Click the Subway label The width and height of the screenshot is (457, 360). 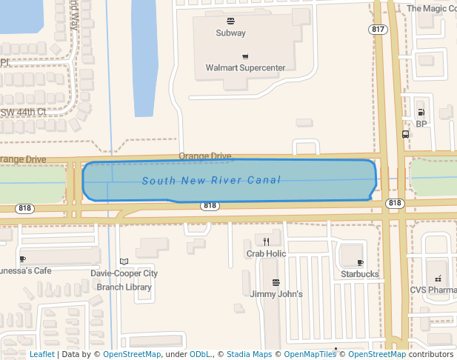230,33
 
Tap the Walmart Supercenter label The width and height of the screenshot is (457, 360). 245,68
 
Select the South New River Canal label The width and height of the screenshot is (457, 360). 211,181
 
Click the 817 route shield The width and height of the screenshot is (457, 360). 378,30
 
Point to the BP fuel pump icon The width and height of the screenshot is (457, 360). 421,113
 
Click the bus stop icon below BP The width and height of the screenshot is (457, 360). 405,134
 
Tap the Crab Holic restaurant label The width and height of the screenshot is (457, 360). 266,253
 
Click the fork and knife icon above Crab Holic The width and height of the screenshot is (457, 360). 266,241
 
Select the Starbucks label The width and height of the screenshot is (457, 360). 360,274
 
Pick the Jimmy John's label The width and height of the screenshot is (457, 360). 276,294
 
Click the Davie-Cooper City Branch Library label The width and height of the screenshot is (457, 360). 124,280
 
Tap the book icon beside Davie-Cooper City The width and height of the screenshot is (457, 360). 124,261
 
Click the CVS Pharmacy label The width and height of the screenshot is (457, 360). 433,290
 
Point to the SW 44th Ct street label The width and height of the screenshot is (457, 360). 24,112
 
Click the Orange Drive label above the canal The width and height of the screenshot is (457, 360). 204,156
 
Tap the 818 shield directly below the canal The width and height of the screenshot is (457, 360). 210,205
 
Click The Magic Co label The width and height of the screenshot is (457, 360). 432,9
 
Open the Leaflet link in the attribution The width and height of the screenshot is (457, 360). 41,354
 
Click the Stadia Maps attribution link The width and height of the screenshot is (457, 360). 249,354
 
